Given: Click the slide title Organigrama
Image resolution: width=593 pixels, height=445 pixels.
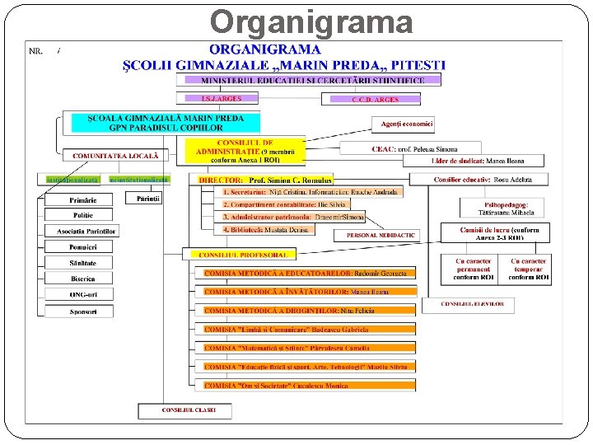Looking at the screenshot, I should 311,21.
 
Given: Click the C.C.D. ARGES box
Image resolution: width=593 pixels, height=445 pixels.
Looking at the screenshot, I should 376,100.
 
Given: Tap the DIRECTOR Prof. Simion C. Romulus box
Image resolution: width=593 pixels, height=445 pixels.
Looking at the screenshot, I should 265,180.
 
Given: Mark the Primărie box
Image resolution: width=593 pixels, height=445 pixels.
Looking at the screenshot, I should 82,199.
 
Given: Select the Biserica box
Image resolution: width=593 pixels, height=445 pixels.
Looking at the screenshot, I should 82,279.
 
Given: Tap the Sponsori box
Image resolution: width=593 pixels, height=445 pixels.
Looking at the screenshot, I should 82,311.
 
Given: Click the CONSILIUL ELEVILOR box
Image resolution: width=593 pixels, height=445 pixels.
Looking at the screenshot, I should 468,304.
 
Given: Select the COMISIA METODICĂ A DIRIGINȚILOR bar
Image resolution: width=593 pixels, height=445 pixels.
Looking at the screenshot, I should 309,311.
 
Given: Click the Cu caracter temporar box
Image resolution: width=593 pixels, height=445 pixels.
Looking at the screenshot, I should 528,269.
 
